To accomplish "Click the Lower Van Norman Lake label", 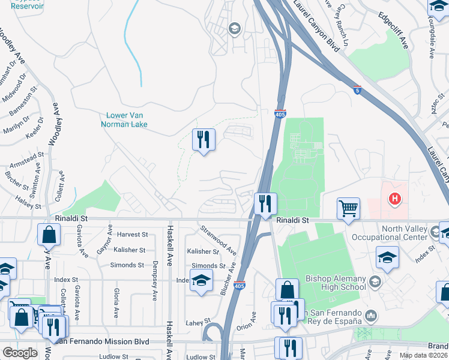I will [x=126, y=120].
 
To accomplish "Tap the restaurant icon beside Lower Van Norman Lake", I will [x=203, y=140].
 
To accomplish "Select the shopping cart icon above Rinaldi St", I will [x=348, y=208].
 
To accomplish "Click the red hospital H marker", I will [x=394, y=198].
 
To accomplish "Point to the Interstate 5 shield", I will [x=357, y=91].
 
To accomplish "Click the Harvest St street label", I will [x=133, y=235].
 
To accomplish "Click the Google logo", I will [x=20, y=353].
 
